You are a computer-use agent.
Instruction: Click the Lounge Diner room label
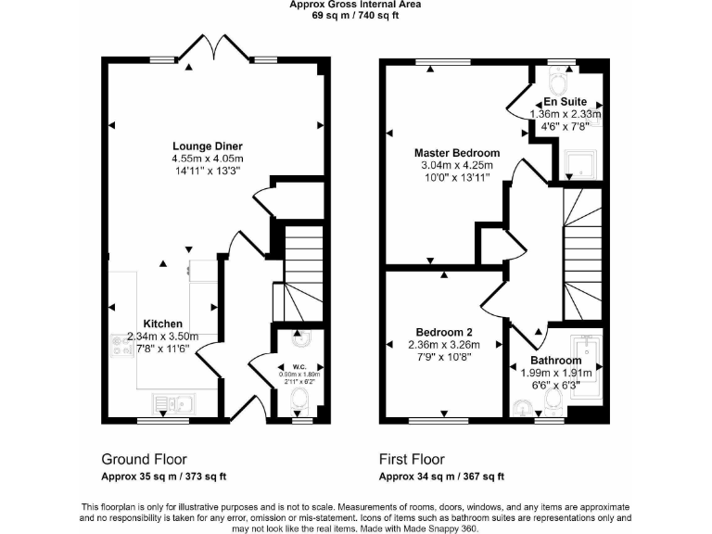(x=208, y=146)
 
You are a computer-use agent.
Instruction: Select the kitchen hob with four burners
(x=120, y=344)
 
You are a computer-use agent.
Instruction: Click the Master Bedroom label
(x=456, y=153)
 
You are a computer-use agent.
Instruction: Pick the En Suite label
(x=565, y=101)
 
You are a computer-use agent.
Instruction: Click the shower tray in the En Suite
(x=581, y=164)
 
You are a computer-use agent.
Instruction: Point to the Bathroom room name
(x=556, y=360)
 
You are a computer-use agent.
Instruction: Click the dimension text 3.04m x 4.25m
(x=456, y=166)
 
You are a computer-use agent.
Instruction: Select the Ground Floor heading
(x=144, y=459)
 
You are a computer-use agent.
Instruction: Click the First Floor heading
(x=412, y=459)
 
